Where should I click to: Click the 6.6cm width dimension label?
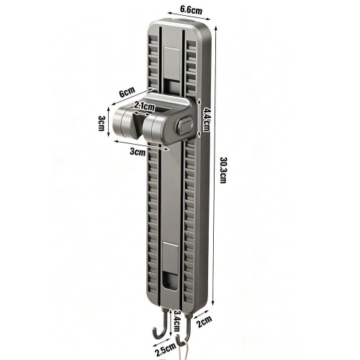[x=191, y=9]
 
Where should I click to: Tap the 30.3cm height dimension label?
[x=223, y=170]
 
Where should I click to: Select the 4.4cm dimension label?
[x=206, y=120]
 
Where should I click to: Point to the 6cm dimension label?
[x=127, y=91]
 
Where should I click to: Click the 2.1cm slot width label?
[x=144, y=106]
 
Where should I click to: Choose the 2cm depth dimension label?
[x=204, y=322]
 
